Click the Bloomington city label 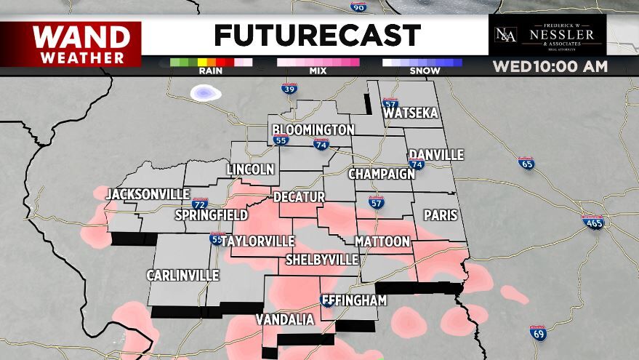pyautogui.click(x=313, y=129)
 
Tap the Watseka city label pyautogui.click(x=411, y=113)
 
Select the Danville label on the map pyautogui.click(x=436, y=155)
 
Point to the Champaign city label pyautogui.click(x=381, y=175)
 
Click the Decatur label pyautogui.click(x=299, y=197)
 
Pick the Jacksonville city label pyautogui.click(x=148, y=194)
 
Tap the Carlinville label pyautogui.click(x=182, y=276)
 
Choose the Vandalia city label pyautogui.click(x=285, y=320)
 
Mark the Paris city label pyautogui.click(x=441, y=215)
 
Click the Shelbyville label pyautogui.click(x=322, y=260)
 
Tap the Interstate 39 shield pyautogui.click(x=289, y=89)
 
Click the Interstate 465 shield pyautogui.click(x=594, y=223)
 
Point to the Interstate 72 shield pyautogui.click(x=200, y=204)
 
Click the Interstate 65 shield pyautogui.click(x=526, y=163)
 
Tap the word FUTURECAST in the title pyautogui.click(x=318, y=35)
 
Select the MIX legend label pyautogui.click(x=318, y=71)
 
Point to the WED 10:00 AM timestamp pyautogui.click(x=550, y=67)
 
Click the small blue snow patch pyautogui.click(x=206, y=92)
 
